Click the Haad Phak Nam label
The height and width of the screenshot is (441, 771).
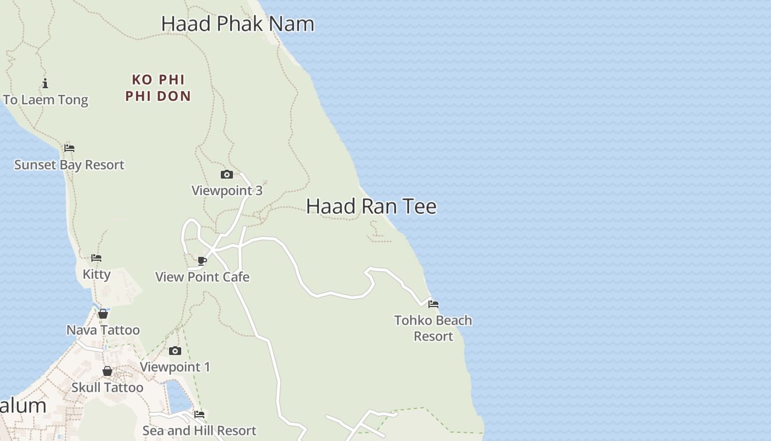coord(237,24)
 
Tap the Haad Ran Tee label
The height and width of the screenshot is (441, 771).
coord(371,206)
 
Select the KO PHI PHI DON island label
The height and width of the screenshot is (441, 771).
coord(158,88)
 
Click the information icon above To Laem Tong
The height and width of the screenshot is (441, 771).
coord(45,84)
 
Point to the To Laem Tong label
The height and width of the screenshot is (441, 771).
coord(46,100)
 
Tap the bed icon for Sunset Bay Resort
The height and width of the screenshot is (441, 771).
coord(69,148)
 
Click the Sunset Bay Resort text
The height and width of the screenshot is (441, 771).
coord(69,165)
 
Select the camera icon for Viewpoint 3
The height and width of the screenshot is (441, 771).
coord(226,175)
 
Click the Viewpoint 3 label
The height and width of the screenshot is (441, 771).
coord(227,191)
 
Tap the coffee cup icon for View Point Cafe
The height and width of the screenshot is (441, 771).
coord(202,261)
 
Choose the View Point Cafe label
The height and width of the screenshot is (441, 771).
coord(202,277)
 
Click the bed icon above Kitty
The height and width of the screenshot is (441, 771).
coord(96,258)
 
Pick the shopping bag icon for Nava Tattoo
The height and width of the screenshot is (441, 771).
coord(103,314)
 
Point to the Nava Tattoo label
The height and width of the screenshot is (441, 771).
coord(103,330)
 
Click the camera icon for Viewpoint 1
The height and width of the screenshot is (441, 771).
coord(175,351)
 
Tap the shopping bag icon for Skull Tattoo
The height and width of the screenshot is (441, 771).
coord(107,371)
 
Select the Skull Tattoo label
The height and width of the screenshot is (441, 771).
coord(107,388)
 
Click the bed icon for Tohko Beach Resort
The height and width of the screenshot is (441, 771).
coord(433,304)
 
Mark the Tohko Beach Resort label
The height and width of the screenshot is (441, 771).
coord(433,328)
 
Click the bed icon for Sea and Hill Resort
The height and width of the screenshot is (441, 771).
coord(199,414)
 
